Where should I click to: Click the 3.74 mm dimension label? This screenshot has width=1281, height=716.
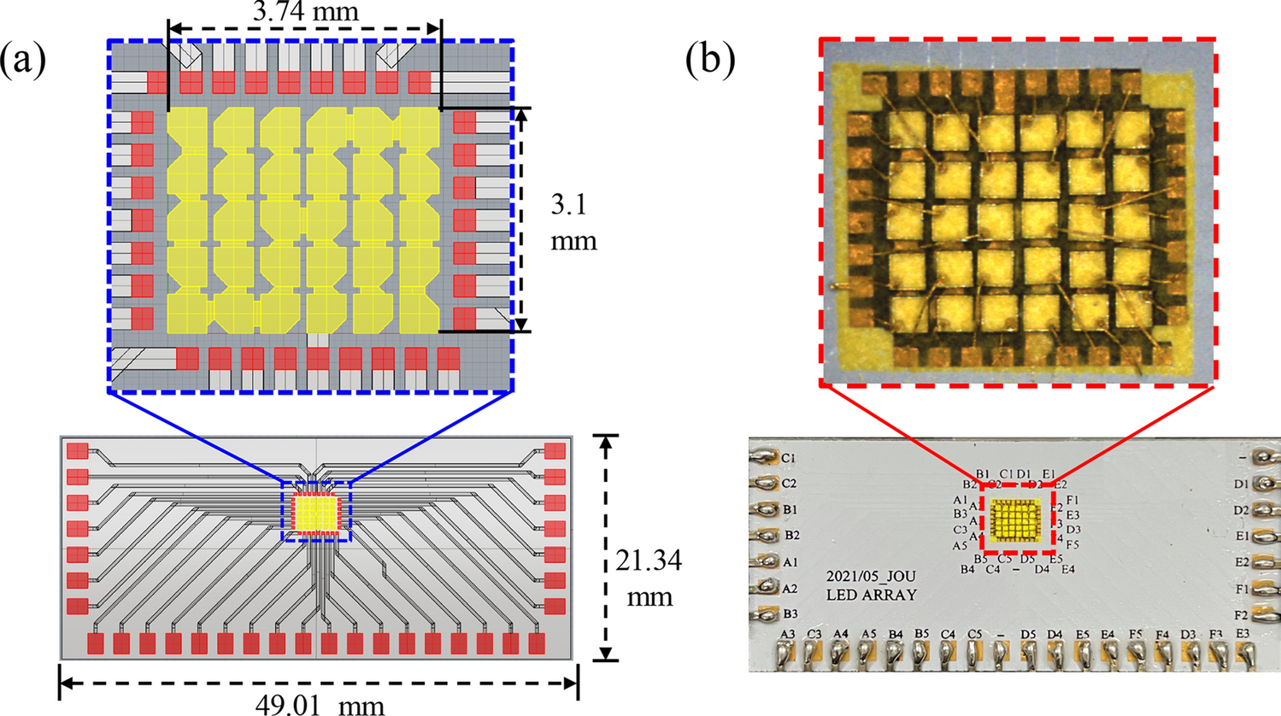(305, 13)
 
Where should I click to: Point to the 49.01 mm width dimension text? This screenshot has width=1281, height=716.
(320, 705)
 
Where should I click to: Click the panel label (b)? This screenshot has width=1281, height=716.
(710, 62)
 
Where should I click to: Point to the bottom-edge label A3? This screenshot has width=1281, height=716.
(788, 634)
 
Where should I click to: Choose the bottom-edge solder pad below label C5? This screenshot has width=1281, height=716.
(973, 654)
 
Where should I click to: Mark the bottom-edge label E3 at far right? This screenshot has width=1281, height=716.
(1242, 634)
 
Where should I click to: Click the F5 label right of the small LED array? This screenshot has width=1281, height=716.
(1072, 544)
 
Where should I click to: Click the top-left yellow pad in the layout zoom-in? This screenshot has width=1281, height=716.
(187, 128)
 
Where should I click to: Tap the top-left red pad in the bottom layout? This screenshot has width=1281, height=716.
(78, 450)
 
